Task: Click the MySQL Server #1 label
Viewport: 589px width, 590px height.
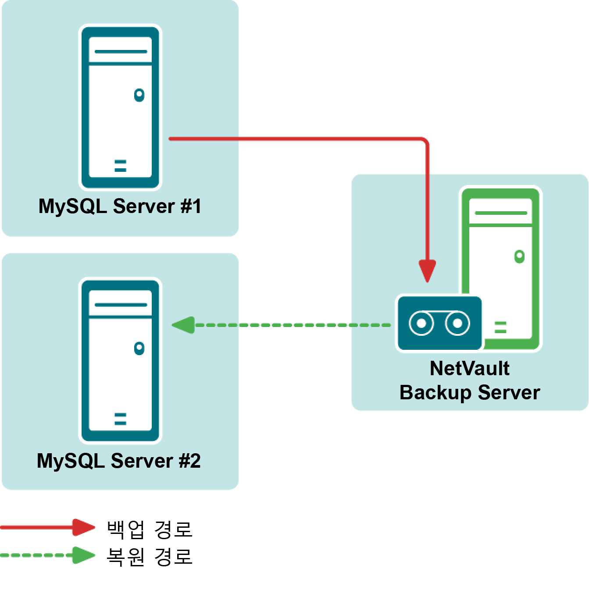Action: click(120, 206)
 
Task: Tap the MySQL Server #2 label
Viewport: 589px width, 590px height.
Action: click(119, 461)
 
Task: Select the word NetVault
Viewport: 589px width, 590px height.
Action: click(469, 368)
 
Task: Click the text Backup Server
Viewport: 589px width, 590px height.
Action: click(469, 392)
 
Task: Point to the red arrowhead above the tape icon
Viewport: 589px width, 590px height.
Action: click(427, 271)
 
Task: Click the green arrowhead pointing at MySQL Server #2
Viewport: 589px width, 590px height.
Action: click(183, 325)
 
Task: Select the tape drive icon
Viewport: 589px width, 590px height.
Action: click(439, 323)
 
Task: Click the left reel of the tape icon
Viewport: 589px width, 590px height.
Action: click(421, 323)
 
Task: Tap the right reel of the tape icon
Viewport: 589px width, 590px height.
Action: click(457, 323)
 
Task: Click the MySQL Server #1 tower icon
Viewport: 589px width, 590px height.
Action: click(120, 107)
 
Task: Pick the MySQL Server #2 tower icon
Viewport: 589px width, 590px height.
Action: click(120, 360)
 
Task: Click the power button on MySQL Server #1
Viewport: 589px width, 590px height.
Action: click(139, 95)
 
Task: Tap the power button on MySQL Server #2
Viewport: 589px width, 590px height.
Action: click(139, 348)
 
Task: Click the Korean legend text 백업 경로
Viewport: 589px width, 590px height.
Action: click(150, 529)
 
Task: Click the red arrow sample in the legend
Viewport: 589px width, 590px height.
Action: click(47, 527)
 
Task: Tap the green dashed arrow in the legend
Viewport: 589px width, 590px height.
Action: click(47, 555)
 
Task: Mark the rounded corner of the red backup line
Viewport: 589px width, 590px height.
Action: click(425, 142)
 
